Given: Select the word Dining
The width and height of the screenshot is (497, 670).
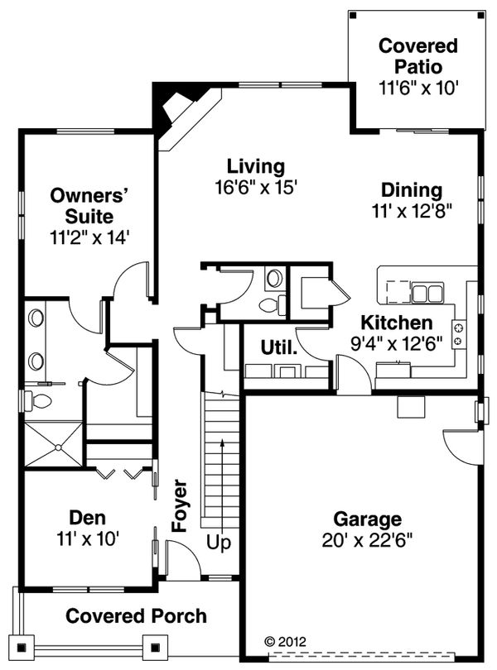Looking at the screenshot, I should pyautogui.click(x=412, y=190).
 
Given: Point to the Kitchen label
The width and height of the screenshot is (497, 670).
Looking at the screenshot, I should pyautogui.click(x=396, y=323).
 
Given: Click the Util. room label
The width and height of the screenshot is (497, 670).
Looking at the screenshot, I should pyautogui.click(x=279, y=348).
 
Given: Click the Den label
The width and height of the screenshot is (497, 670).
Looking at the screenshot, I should pyautogui.click(x=87, y=519).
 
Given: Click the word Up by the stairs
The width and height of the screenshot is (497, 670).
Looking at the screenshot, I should pyautogui.click(x=220, y=543).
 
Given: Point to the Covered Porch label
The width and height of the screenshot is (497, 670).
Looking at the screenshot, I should pyautogui.click(x=136, y=616).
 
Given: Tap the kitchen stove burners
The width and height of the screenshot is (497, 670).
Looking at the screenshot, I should pyautogui.click(x=458, y=333).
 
